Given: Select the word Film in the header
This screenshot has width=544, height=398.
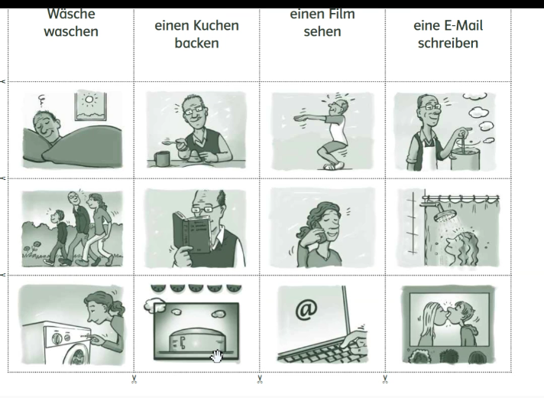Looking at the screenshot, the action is pyautogui.click(x=342, y=14).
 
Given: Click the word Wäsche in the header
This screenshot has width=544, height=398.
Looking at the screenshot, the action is pyautogui.click(x=71, y=14).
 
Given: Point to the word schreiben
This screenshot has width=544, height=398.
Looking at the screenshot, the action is pyautogui.click(x=448, y=43).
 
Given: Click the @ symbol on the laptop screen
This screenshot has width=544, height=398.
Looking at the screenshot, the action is pyautogui.click(x=306, y=310).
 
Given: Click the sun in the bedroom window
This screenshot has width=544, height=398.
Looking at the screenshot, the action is pyautogui.click(x=89, y=100).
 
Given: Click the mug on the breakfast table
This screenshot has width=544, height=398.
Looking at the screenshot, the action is pyautogui.click(x=161, y=158).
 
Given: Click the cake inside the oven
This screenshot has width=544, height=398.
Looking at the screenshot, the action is pyautogui.click(x=196, y=340).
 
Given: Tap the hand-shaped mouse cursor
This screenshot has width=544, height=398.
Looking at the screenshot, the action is pyautogui.click(x=217, y=357).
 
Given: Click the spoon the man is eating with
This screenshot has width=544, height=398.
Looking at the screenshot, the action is pyautogui.click(x=173, y=142).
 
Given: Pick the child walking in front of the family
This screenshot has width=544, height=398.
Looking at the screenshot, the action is pyautogui.click(x=59, y=237).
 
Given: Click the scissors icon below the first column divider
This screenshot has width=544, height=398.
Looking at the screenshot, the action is pyautogui.click(x=134, y=379).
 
